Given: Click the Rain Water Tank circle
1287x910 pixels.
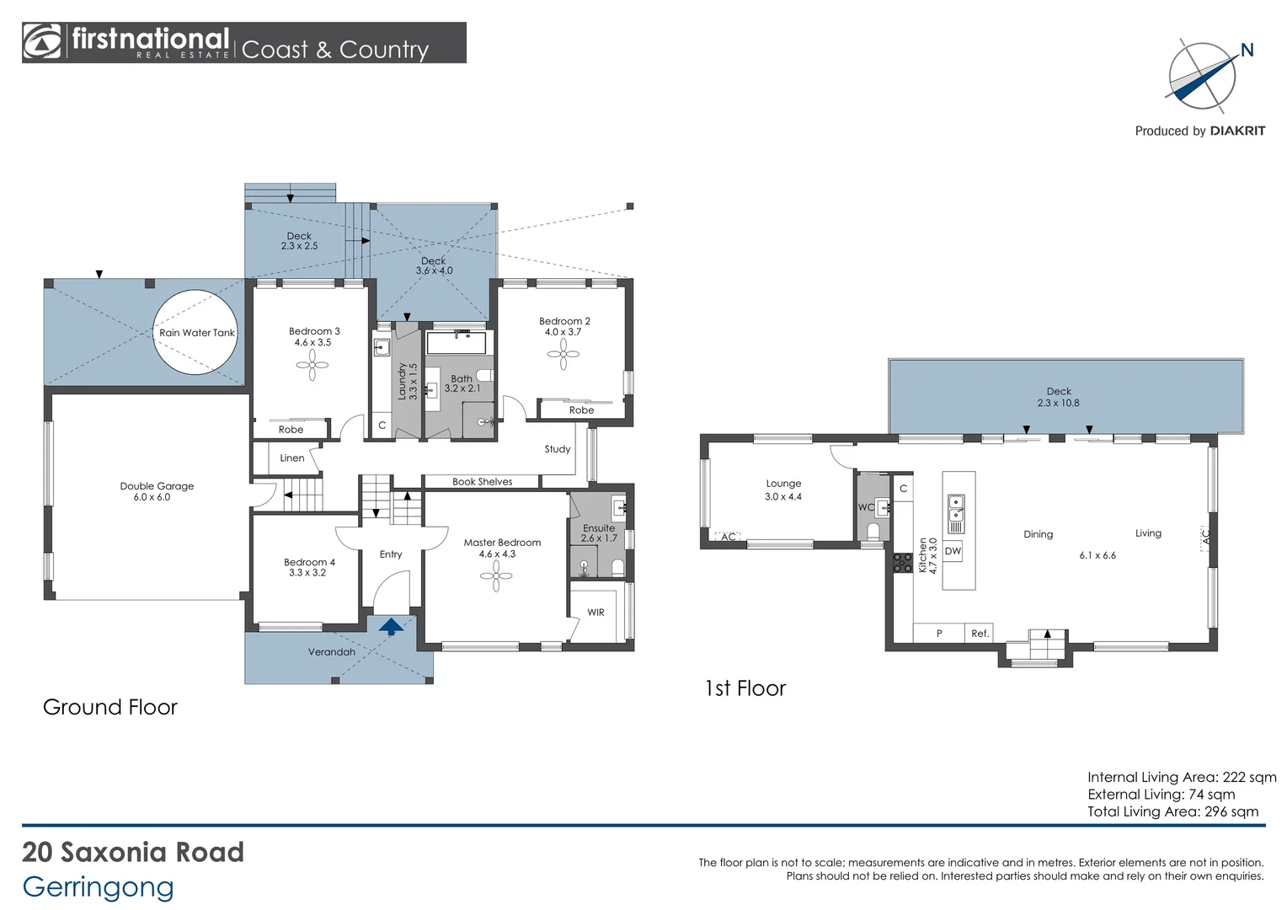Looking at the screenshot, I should click(195, 332).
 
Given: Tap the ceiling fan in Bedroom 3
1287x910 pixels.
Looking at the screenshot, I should click(312, 365).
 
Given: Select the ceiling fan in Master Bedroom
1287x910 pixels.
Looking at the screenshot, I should click(496, 576).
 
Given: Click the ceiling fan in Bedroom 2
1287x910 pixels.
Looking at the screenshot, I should click(563, 354).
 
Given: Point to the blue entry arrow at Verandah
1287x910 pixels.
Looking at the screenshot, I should click(391, 626).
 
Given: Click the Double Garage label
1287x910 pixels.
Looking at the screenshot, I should click(157, 486).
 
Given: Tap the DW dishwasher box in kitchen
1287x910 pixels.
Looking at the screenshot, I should click(953, 551).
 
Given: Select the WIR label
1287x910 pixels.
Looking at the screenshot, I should click(595, 613).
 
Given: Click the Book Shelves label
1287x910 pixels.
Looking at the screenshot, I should click(482, 482).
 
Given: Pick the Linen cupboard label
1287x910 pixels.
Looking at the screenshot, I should click(292, 458).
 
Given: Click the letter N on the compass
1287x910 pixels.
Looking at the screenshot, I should click(1247, 51).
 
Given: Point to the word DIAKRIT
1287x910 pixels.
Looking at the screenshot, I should click(1237, 131).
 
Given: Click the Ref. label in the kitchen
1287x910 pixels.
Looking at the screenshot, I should click(980, 634).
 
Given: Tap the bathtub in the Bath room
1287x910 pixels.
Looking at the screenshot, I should click(457, 343).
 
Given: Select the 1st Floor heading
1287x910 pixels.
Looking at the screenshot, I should click(745, 688).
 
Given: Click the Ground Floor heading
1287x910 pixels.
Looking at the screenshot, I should click(110, 707).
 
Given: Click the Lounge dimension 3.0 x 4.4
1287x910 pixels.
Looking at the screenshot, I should click(783, 497).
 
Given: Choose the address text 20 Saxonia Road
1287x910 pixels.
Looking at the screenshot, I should click(133, 852).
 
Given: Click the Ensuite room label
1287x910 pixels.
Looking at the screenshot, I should click(599, 528).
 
